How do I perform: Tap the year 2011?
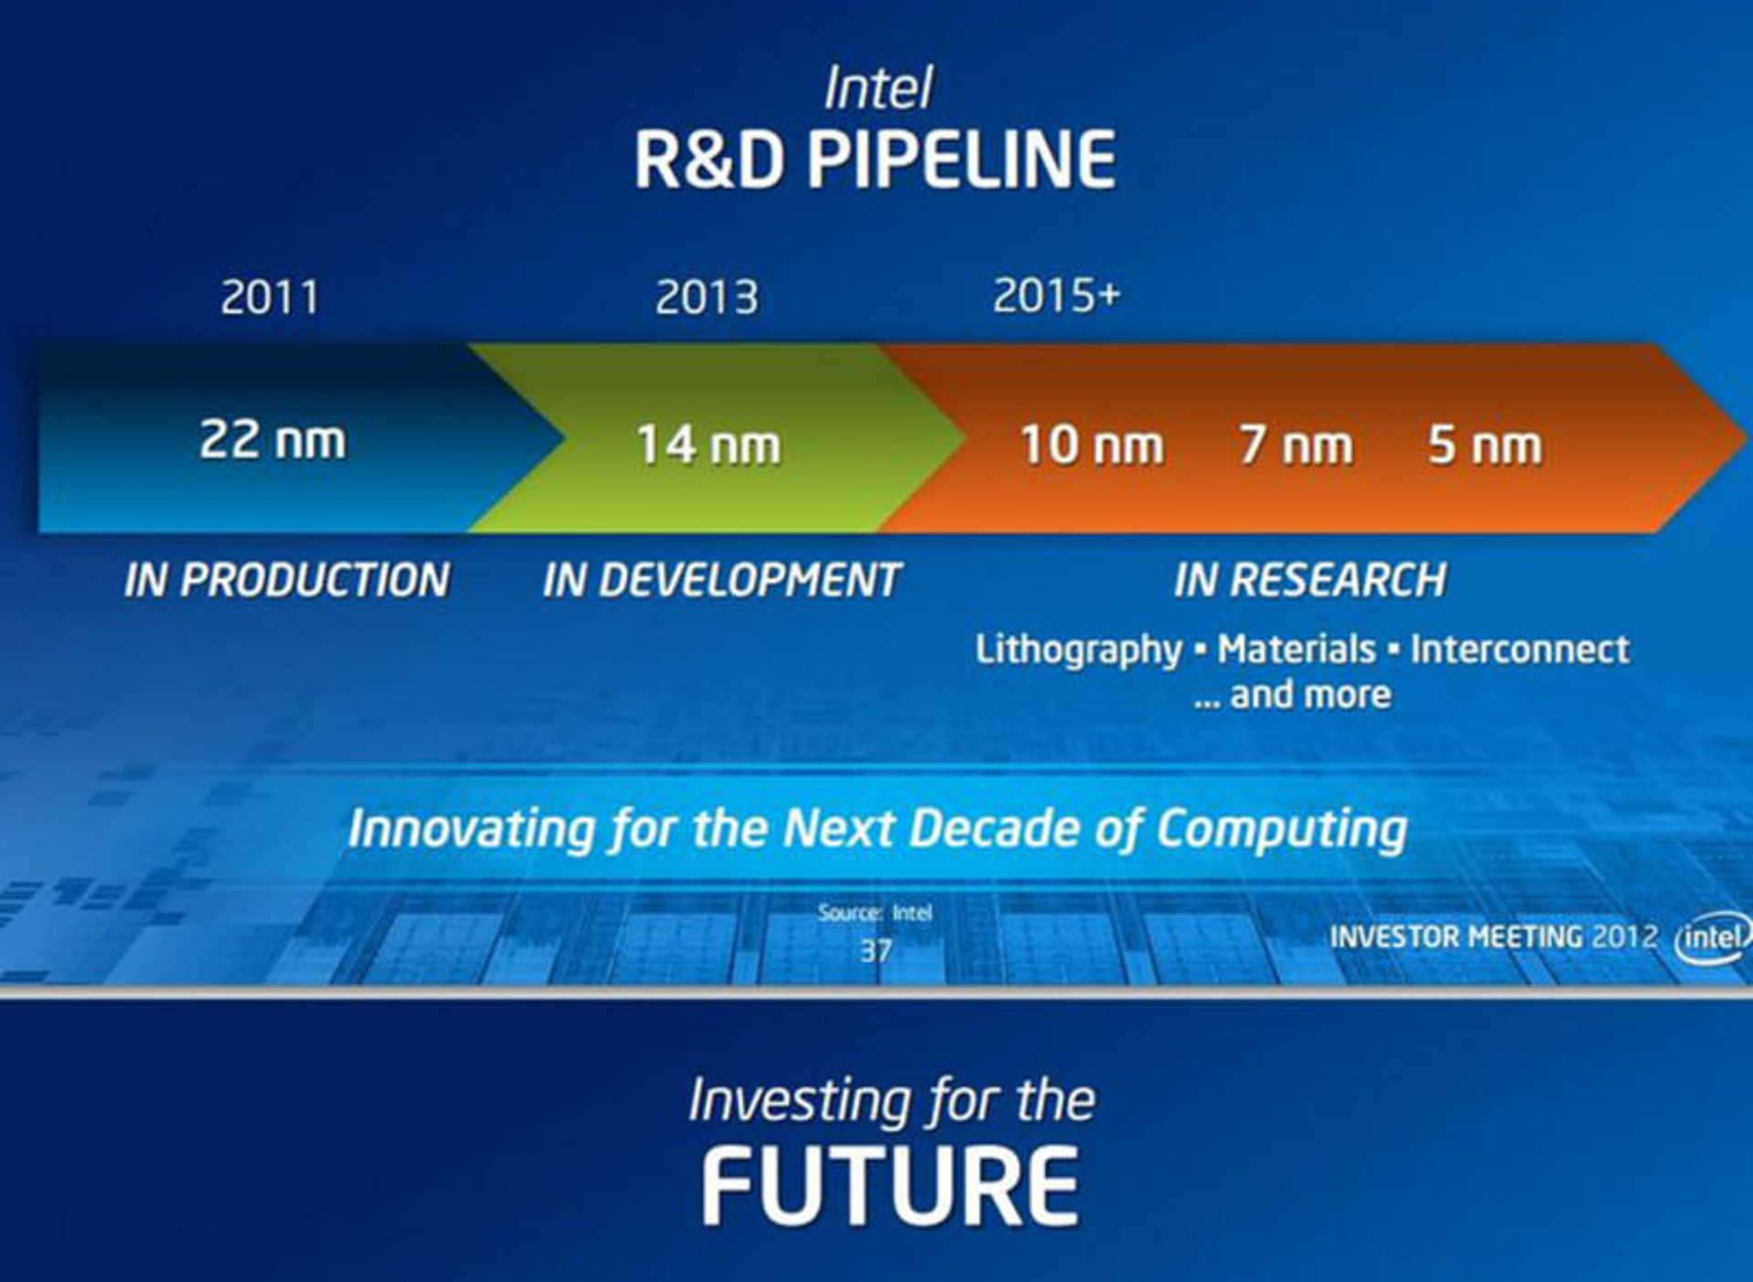270,297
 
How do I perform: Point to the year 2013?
707,297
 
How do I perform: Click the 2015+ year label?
1056,295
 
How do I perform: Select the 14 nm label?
709,445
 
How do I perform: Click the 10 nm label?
1092,445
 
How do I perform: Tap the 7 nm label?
1296,445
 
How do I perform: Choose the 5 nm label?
1485,445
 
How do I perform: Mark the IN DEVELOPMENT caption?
722,580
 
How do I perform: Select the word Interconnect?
1520,649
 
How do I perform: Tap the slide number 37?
876,951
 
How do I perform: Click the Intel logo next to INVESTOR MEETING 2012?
1714,938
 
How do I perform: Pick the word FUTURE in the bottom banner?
891,1186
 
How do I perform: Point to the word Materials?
1296,649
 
